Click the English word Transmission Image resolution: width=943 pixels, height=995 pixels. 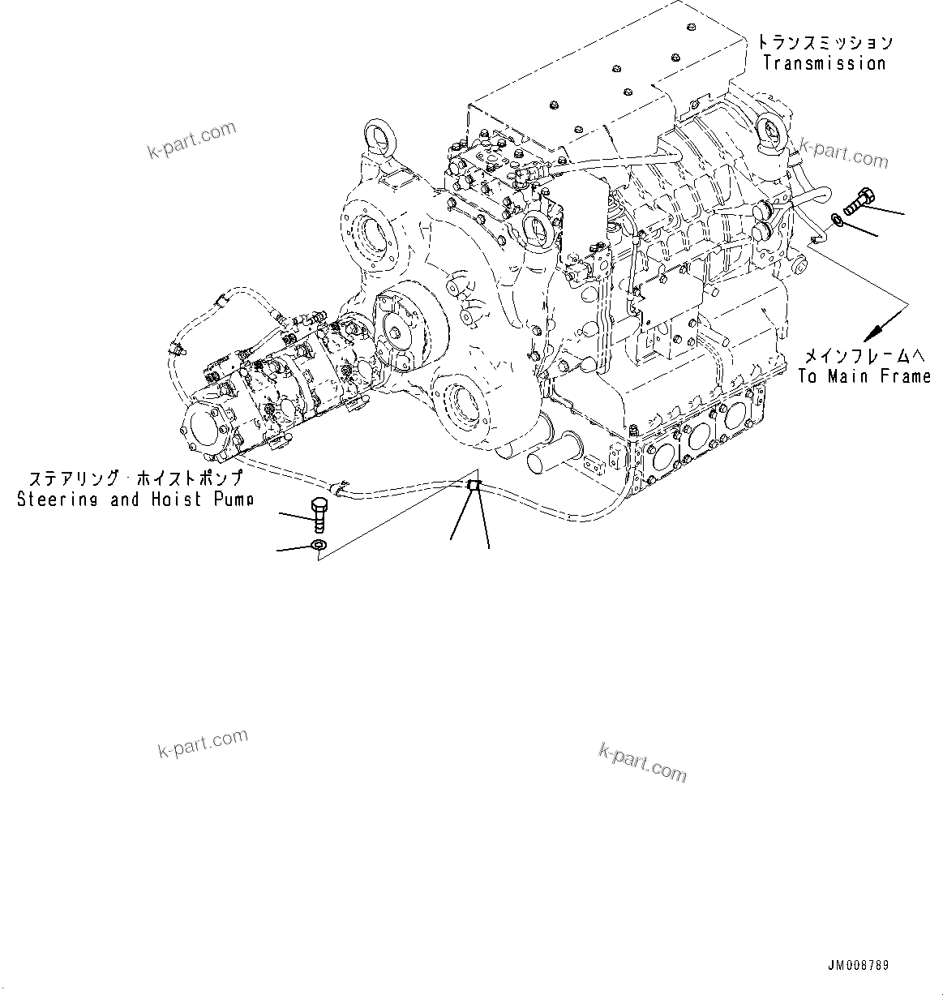pos(825,63)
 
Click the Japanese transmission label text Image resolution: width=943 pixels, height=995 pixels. pos(825,42)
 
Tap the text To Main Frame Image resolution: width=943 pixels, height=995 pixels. pos(864,375)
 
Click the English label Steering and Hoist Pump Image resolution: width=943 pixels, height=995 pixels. pos(135,500)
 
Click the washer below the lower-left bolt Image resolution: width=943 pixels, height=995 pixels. pos(319,545)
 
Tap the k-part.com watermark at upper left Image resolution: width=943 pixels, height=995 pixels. pos(191,139)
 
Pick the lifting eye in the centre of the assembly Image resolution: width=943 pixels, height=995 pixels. pos(538,228)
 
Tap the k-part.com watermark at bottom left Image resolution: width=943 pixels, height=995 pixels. pos(203,744)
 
